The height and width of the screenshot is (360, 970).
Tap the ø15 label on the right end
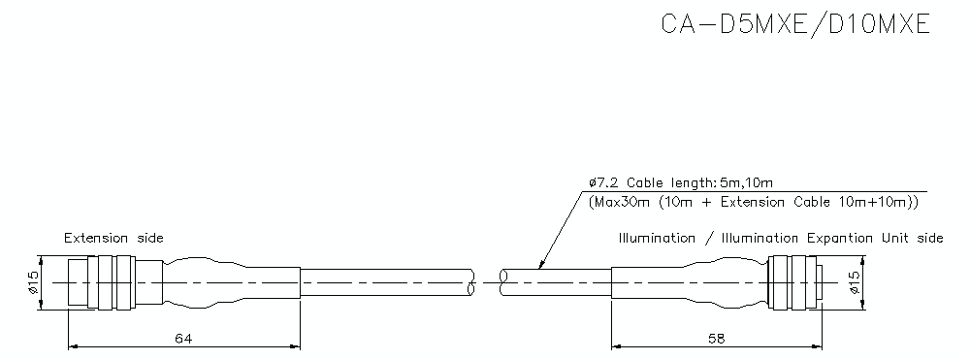(x=854, y=282)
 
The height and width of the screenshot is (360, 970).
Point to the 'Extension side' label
(x=113, y=238)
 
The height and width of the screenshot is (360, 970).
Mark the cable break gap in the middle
(x=485, y=281)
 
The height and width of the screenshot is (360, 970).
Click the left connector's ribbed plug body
(x=104, y=282)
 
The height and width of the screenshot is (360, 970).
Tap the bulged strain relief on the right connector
(x=713, y=282)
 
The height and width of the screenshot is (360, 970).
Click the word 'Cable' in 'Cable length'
(x=644, y=182)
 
